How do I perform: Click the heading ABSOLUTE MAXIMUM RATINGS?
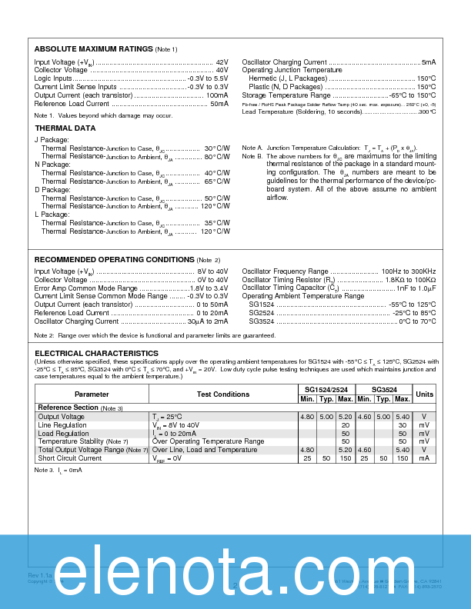coord(94,49)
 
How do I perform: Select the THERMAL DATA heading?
coord(65,128)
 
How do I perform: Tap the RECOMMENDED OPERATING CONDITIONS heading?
coord(115,260)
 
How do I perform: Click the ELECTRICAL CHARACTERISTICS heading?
coord(96,354)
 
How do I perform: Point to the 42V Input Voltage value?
coord(222,62)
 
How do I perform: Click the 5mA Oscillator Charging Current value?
coord(429,62)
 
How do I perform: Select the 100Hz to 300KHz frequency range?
coord(409,271)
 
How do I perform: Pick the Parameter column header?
coord(92,394)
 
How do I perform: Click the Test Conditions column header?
coord(223,394)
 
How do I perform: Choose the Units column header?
coord(424,394)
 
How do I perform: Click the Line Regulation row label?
coord(62,425)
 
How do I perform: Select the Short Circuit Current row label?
coord(70,458)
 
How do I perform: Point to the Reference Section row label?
coord(68,408)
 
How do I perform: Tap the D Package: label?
coord(52,189)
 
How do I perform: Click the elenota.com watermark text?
coord(235,569)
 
